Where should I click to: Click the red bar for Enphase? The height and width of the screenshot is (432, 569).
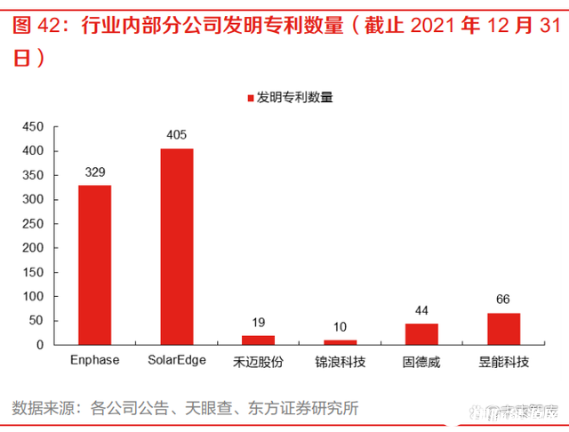94,264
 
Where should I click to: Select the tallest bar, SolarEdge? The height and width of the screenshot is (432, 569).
176,246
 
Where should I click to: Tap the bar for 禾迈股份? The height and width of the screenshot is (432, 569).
258,340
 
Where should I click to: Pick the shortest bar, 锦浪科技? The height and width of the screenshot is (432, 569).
340,341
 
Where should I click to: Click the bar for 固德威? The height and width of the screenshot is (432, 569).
421,333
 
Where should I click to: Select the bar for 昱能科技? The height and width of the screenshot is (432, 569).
503,328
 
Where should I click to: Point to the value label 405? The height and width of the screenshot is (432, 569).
176,135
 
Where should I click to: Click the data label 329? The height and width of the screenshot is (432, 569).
94,172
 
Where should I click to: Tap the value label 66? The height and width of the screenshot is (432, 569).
503,300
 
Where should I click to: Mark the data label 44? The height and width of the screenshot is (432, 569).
421,310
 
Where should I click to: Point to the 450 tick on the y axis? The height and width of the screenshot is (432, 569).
33,127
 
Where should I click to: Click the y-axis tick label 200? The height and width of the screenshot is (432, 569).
33,248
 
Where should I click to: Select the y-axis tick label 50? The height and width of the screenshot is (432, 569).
36,320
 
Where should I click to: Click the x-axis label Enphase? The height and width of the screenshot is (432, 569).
94,361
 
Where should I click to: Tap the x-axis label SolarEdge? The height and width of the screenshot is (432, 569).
176,361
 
